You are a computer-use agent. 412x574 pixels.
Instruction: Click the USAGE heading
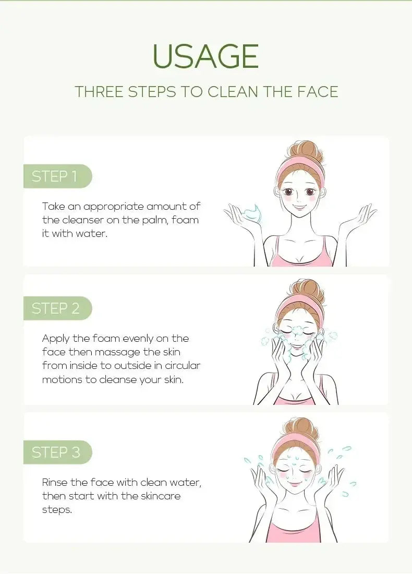tap(205, 56)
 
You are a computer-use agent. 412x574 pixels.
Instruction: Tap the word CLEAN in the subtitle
tap(233, 91)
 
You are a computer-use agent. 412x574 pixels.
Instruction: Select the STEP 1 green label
tap(55, 176)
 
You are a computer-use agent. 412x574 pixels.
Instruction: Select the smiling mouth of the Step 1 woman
tap(299, 208)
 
